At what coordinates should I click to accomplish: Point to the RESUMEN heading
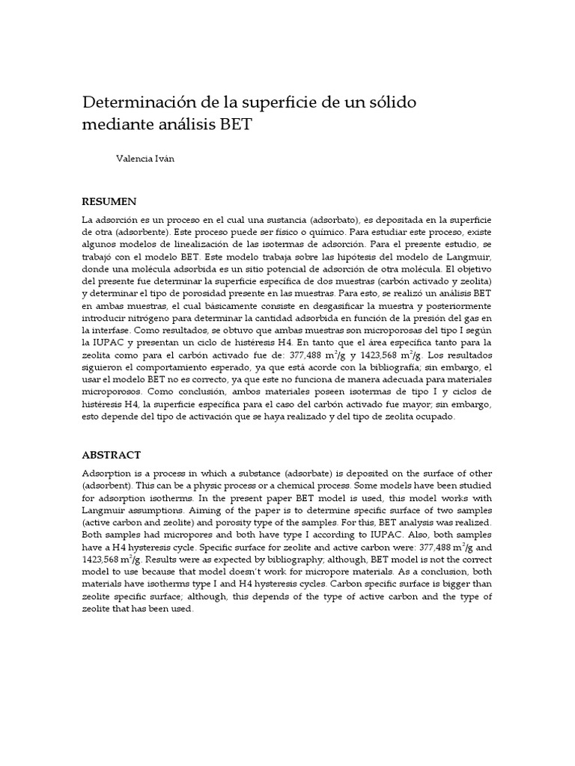tap(109, 201)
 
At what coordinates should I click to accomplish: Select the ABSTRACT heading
tap(111, 455)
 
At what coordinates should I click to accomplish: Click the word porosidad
tap(226, 292)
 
